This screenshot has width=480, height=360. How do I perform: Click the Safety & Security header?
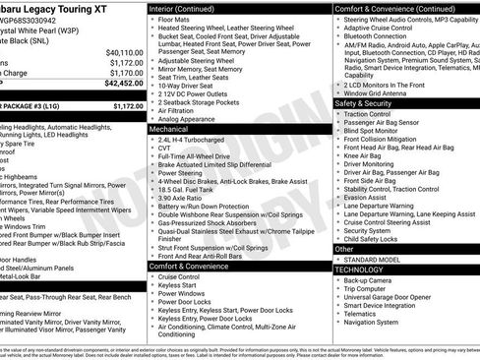point(370,102)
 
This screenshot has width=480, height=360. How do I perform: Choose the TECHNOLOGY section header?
point(360,269)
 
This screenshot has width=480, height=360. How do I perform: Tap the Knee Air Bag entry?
point(364,155)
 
